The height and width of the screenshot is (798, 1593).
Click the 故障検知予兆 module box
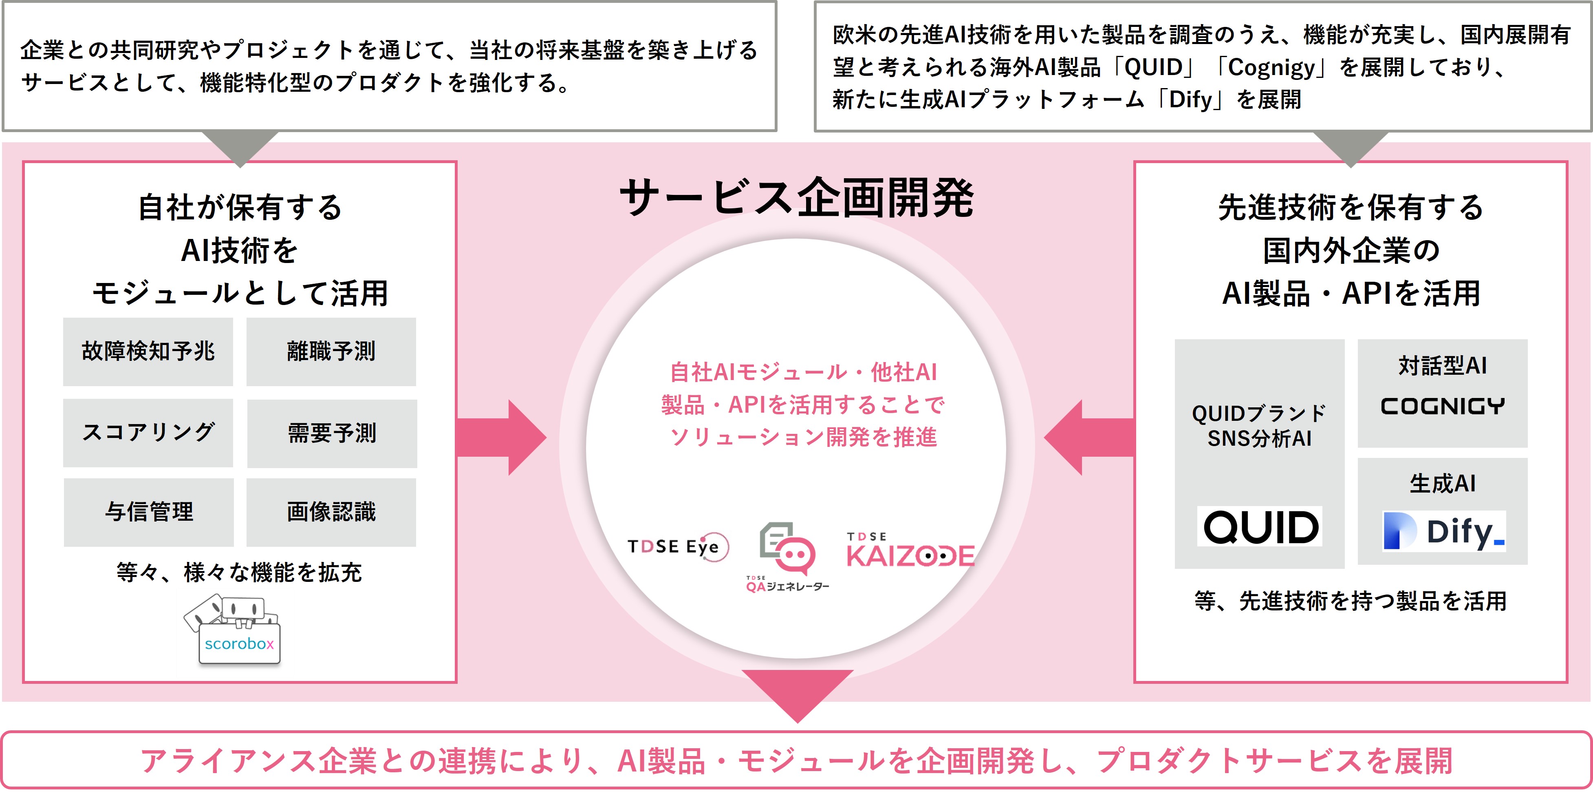(148, 351)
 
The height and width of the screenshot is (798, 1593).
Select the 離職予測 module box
(331, 351)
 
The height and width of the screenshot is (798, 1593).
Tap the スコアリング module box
(148, 432)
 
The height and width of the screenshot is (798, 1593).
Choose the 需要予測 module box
(332, 433)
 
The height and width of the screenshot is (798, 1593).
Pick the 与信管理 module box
(148, 512)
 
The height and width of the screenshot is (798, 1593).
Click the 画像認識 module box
(331, 512)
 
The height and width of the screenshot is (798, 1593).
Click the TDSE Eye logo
(678, 547)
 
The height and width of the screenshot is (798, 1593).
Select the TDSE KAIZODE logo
(910, 550)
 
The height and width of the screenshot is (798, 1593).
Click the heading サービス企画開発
(796, 198)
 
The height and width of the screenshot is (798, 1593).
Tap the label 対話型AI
(1442, 366)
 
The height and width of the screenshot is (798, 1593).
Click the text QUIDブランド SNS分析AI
(1259, 426)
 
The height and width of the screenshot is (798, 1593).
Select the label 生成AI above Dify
(1442, 483)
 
